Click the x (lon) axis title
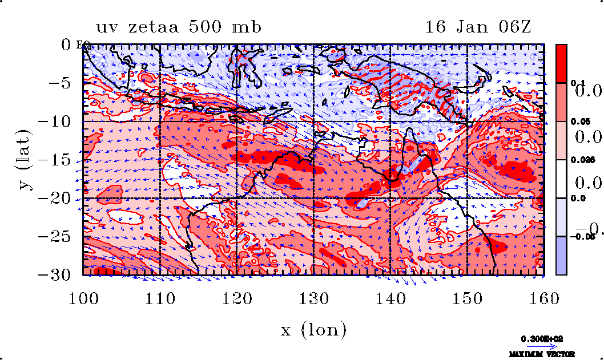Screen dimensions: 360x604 click(x=313, y=330)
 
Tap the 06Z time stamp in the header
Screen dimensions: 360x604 click(x=514, y=27)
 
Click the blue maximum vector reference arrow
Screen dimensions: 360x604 click(x=541, y=346)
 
